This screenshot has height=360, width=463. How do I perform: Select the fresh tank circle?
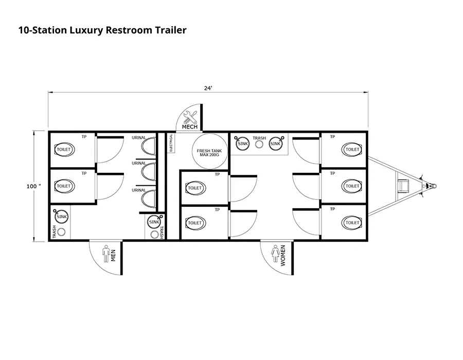(x=209, y=153)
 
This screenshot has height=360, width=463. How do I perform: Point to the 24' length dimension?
(x=208, y=88)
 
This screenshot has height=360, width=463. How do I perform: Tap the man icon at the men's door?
(x=106, y=253)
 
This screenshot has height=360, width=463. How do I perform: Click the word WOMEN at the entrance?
(x=283, y=255)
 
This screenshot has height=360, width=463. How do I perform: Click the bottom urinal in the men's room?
(x=149, y=198)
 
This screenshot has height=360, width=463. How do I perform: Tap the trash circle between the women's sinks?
(x=259, y=144)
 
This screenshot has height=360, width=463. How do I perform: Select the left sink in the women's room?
(x=243, y=144)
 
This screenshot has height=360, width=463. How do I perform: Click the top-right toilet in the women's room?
(x=352, y=150)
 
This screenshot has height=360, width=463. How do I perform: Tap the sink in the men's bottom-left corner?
(x=62, y=217)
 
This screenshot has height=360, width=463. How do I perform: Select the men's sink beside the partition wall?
(x=154, y=222)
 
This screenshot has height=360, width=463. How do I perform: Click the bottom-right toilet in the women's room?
(x=352, y=223)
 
